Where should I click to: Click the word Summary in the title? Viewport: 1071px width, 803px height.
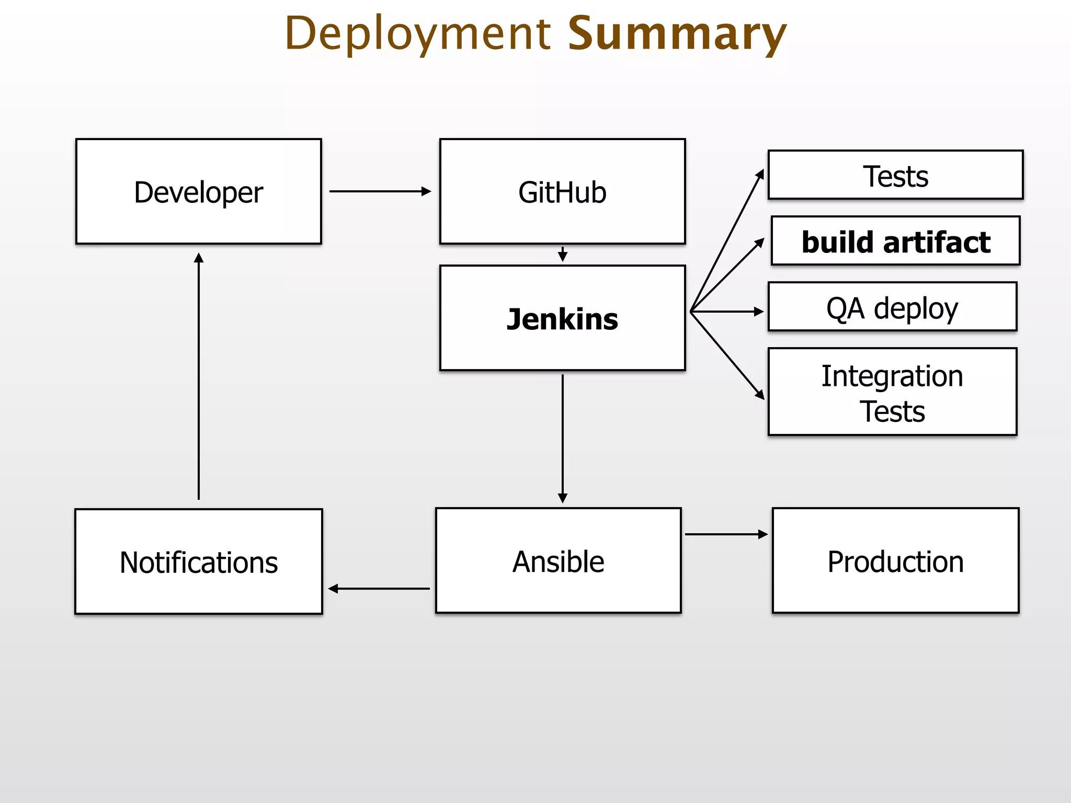point(677,33)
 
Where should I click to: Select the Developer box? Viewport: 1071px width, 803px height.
point(198,191)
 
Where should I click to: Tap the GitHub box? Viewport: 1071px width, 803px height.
point(562,191)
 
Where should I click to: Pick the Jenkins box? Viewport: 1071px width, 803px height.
point(562,318)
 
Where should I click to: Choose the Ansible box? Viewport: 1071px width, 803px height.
point(558,560)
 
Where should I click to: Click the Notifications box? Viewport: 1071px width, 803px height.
point(198,561)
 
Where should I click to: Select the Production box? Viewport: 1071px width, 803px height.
point(895,560)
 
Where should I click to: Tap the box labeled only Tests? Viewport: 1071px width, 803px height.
point(895,175)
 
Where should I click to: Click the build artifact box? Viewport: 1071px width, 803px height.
point(895,241)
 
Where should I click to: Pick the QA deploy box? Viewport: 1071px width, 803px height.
point(892,307)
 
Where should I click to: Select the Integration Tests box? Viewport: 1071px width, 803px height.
point(892,392)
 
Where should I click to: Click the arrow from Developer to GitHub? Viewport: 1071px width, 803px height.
point(380,191)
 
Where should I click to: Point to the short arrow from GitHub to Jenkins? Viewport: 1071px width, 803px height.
point(563,255)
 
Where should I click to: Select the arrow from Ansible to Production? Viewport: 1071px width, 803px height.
point(726,534)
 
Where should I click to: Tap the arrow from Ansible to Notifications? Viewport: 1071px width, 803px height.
point(379,589)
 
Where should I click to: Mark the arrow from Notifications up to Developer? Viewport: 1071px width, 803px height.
point(199,376)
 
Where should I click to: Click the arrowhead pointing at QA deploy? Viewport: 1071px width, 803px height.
point(759,312)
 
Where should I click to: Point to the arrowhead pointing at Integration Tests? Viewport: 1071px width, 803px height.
point(760,395)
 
